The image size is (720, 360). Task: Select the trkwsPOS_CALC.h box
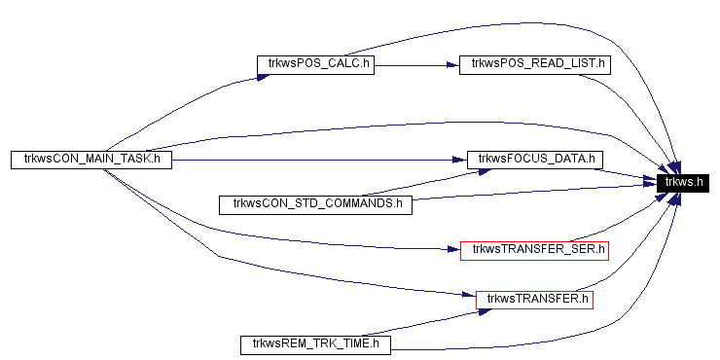click(x=314, y=65)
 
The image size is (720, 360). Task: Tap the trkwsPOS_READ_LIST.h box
click(x=533, y=65)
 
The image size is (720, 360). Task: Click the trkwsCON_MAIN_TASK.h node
click(x=90, y=159)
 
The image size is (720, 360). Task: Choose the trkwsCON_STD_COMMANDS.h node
click(x=316, y=204)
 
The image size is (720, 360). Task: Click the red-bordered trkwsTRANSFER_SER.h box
click(x=533, y=250)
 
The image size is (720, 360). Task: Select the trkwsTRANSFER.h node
click(x=534, y=299)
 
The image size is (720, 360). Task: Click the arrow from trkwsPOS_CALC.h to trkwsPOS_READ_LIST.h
click(x=414, y=66)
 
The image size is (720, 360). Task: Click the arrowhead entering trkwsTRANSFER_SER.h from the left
click(x=453, y=250)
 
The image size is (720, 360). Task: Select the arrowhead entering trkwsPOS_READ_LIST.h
click(x=452, y=66)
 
